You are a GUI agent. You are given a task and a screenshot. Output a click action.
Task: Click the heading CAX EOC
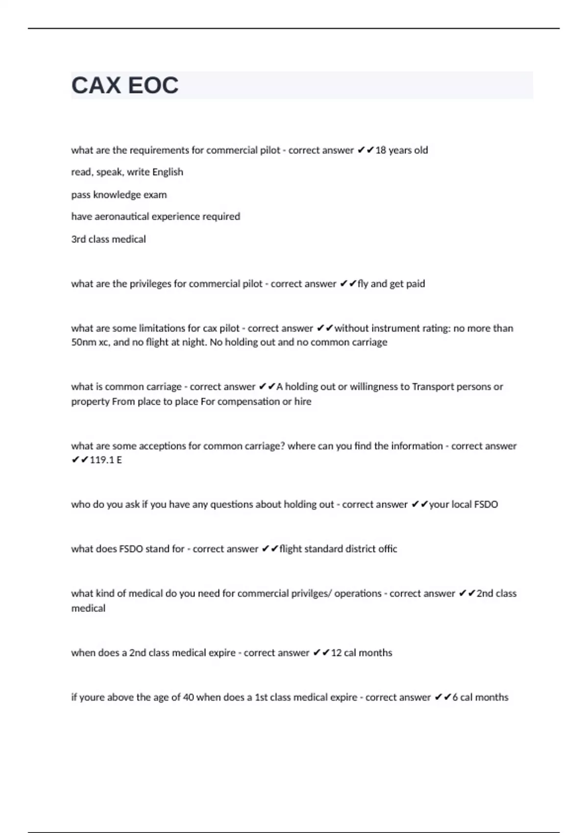pos(125,85)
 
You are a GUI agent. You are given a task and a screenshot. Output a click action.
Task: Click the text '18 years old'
pos(401,150)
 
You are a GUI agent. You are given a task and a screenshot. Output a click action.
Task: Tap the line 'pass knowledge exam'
pos(119,195)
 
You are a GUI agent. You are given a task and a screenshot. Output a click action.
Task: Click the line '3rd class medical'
pos(108,239)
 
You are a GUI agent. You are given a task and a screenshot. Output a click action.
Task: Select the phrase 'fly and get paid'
pos(391,284)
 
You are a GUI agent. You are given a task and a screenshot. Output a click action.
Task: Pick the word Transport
pos(433,387)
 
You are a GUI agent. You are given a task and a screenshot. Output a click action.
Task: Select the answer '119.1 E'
pos(106,460)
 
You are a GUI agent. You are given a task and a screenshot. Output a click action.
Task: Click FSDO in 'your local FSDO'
pos(486,504)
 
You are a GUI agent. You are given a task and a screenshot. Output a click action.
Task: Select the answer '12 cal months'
pos(362,653)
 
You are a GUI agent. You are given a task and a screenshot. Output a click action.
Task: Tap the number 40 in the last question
pos(188,697)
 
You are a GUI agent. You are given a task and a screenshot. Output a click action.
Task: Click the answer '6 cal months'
pos(480,697)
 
